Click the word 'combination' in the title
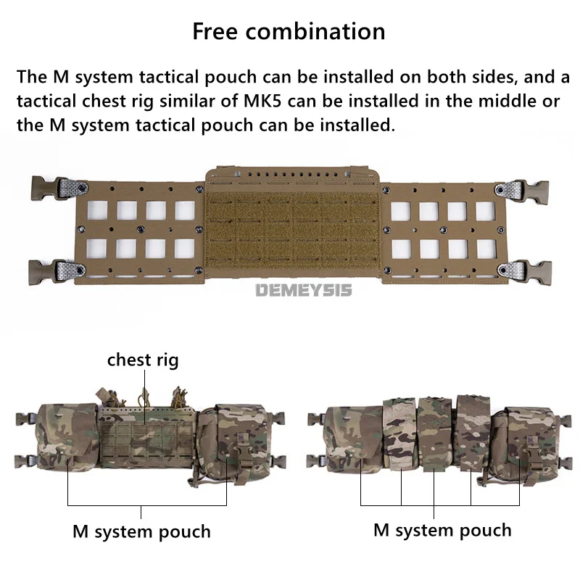[315, 31]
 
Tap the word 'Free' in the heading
[215, 31]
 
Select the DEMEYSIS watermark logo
[304, 291]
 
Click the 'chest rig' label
[143, 360]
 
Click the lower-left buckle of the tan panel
[57, 271]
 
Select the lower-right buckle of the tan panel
[524, 273]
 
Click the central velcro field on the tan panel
[293, 231]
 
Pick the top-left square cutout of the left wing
[97, 210]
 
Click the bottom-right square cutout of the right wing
[486, 249]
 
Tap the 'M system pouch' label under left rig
[141, 531]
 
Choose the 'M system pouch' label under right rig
[442, 530]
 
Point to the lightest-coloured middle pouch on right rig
[399, 434]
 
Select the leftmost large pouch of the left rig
[67, 438]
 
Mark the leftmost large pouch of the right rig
[355, 439]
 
